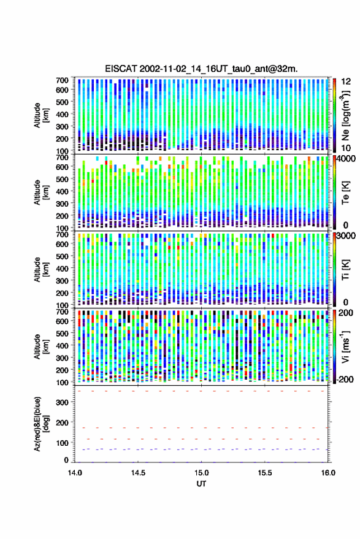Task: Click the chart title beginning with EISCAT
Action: pyautogui.click(x=201, y=69)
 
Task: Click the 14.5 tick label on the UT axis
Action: pyautogui.click(x=138, y=473)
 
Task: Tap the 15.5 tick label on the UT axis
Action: pyautogui.click(x=264, y=473)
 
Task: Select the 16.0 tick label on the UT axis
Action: pyautogui.click(x=328, y=473)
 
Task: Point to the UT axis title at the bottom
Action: pyautogui.click(x=201, y=484)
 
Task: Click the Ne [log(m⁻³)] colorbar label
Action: pyautogui.click(x=345, y=115)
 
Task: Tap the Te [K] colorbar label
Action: pyautogui.click(x=345, y=193)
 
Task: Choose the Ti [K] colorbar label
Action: pyautogui.click(x=345, y=270)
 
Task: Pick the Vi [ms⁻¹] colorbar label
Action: pyautogui.click(x=345, y=346)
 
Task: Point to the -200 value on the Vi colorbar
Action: pyautogui.click(x=345, y=380)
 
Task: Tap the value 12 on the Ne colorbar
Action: pyautogui.click(x=346, y=82)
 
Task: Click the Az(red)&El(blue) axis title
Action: pyautogui.click(x=40, y=424)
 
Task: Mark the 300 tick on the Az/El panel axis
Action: pyautogui.click(x=62, y=402)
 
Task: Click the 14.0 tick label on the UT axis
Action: pyautogui.click(x=75, y=473)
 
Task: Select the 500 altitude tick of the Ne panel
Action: pyautogui.click(x=62, y=102)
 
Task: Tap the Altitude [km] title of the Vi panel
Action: pyautogui.click(x=40, y=346)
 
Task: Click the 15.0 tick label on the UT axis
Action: pyautogui.click(x=201, y=473)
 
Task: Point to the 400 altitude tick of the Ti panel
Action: pyautogui.click(x=62, y=269)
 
